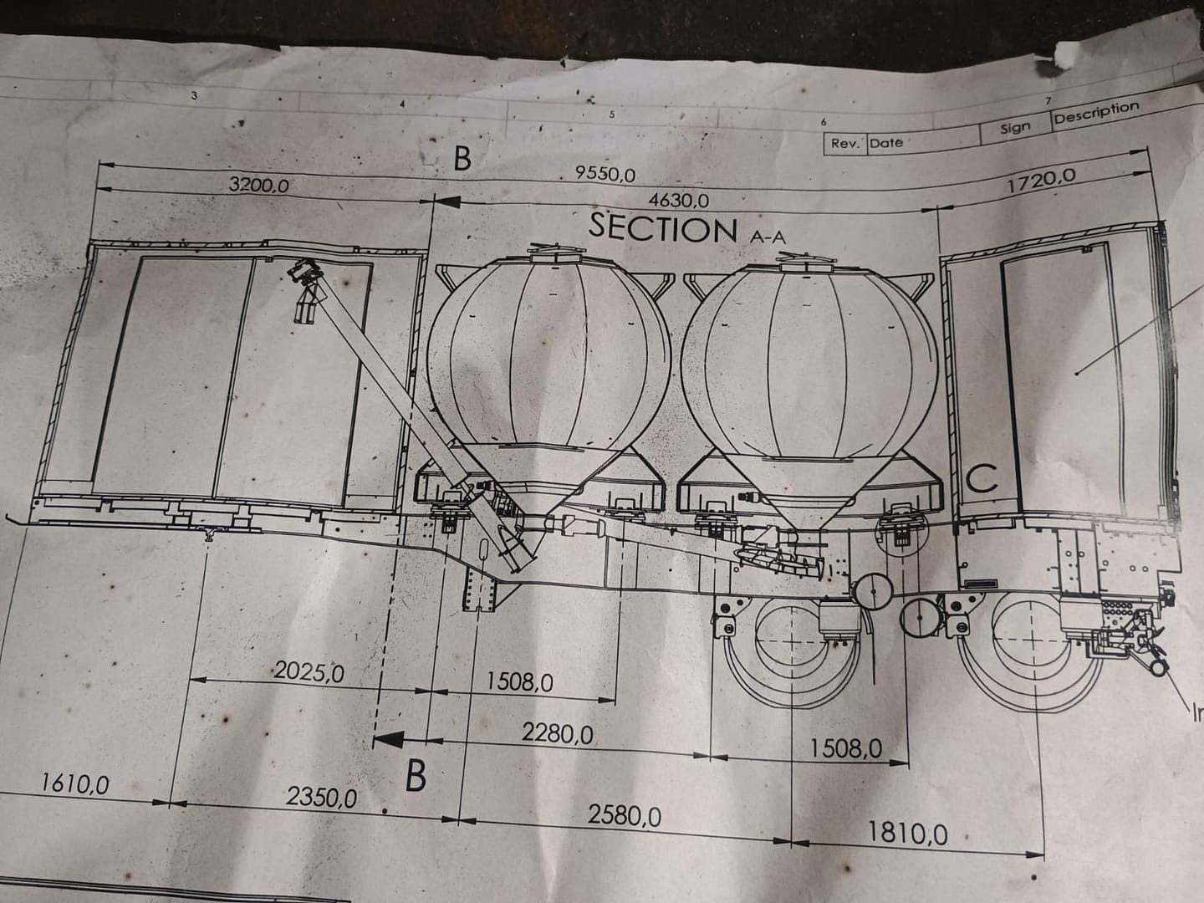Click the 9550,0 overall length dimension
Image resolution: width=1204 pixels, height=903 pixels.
pos(605,175)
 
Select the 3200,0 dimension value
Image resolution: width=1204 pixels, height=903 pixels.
pos(258,185)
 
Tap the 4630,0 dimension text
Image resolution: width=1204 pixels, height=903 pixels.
pos(679,201)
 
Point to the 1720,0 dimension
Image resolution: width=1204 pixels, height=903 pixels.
pos(1042,181)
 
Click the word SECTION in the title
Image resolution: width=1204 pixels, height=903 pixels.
pos(663,228)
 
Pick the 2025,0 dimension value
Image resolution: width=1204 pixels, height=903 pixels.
pos(309,671)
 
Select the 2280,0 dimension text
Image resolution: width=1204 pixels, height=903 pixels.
pos(557,733)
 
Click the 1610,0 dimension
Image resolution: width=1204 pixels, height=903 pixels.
pos(75,784)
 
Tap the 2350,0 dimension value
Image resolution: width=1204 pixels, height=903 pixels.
pos(321,798)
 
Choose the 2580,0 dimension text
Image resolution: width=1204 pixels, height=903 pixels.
pos(625,816)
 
